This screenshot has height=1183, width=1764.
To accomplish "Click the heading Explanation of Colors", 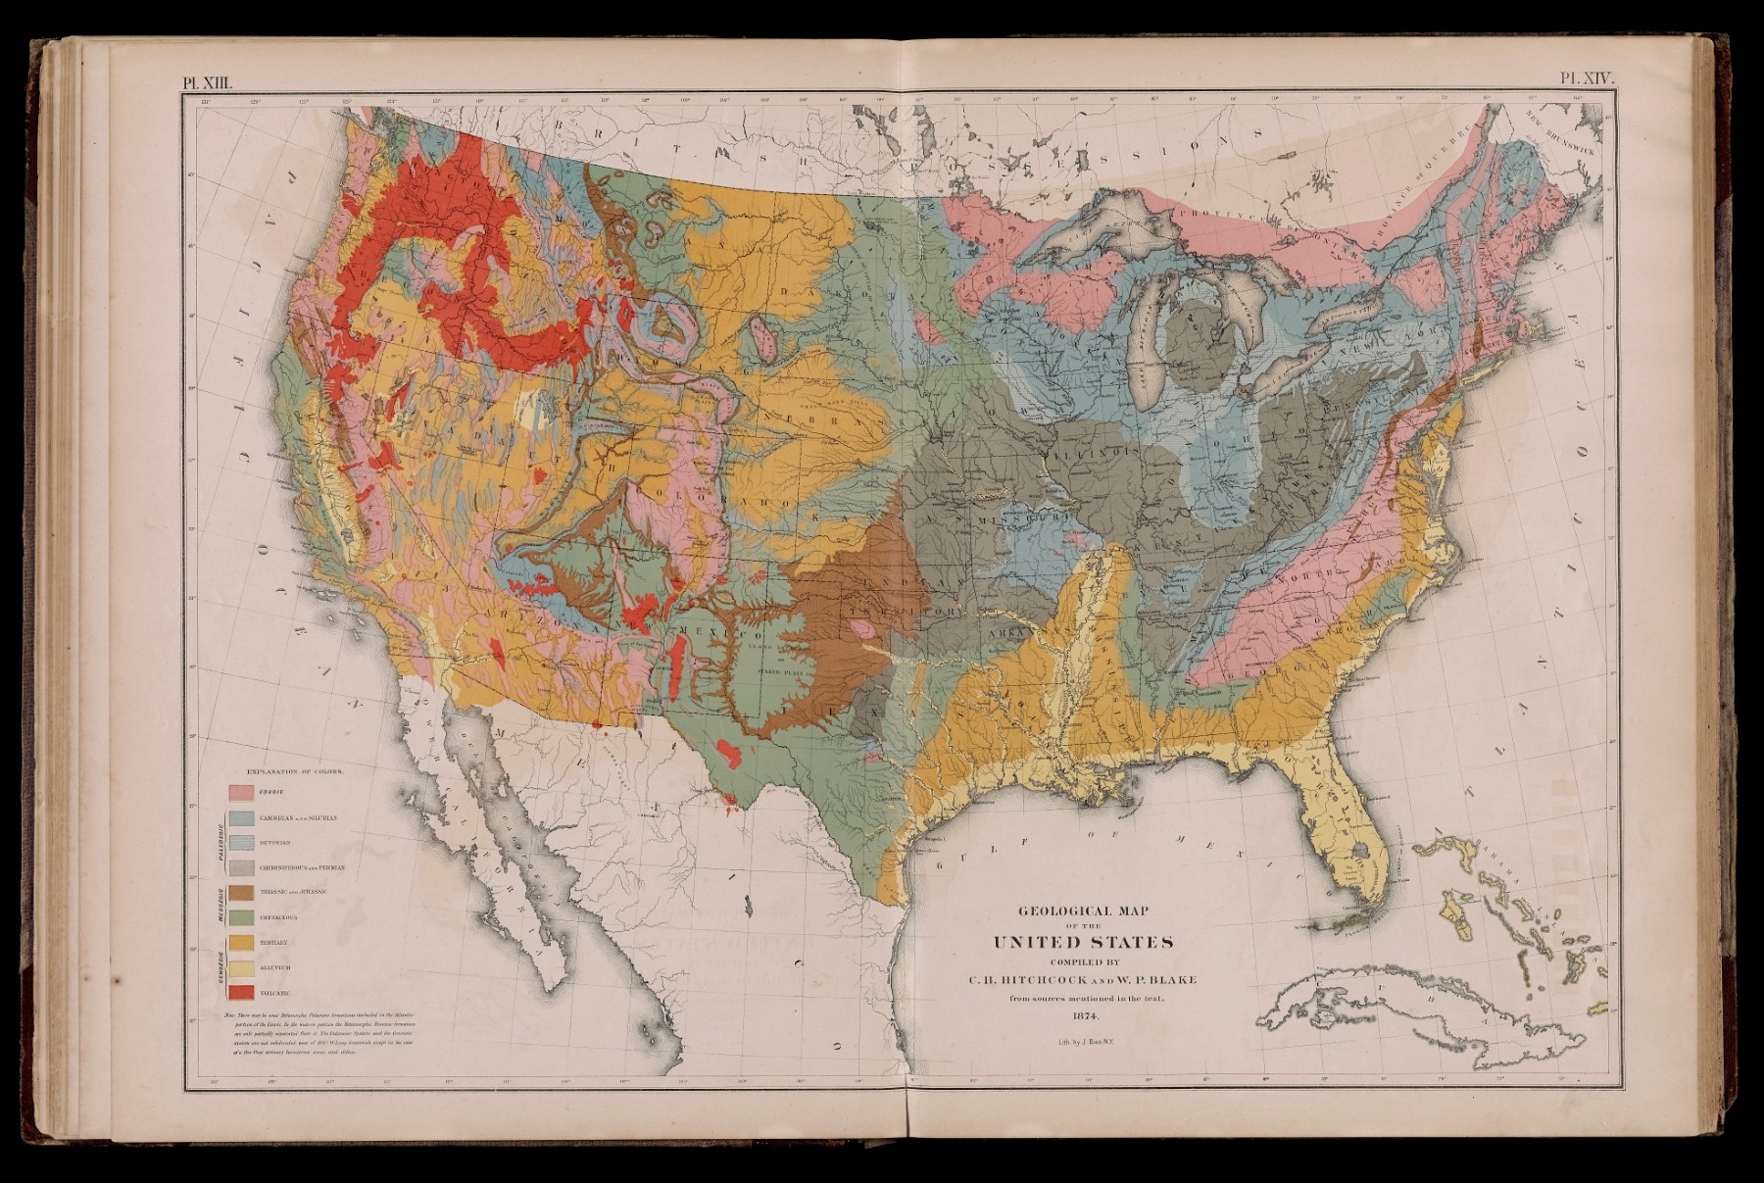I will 301,770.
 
